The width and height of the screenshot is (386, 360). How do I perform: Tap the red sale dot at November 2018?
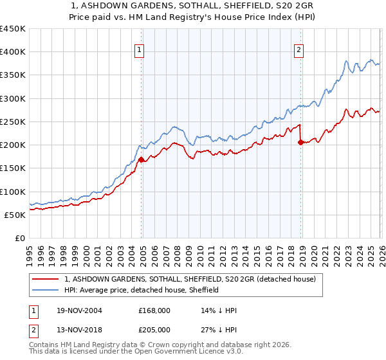point(300,143)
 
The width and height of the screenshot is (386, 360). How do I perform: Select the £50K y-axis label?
point(15,215)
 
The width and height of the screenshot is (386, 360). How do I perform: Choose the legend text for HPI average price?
point(142,290)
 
